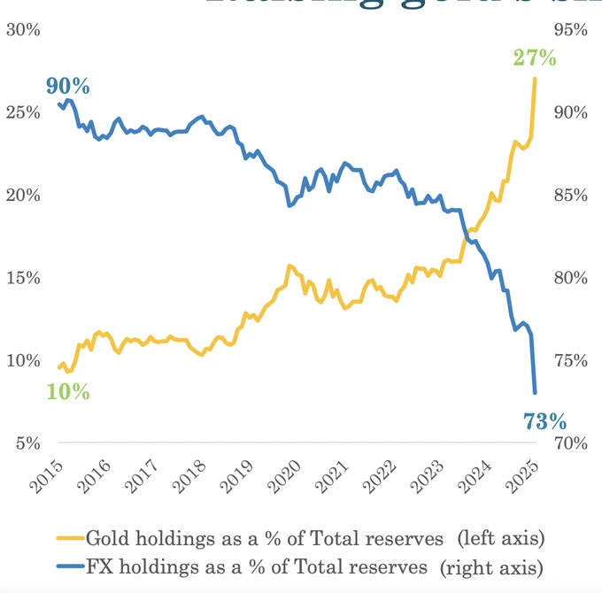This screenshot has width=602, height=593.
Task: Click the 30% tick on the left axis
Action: coord(23,29)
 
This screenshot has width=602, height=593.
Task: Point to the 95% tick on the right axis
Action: coord(569,29)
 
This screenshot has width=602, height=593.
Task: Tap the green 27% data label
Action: coord(535,58)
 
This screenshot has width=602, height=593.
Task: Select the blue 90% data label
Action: coord(68,87)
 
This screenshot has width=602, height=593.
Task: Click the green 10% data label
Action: coord(68,391)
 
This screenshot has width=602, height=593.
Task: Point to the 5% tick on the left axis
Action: coord(27,443)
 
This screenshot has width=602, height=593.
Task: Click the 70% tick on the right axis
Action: coord(569,443)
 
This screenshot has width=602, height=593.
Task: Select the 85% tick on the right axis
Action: coord(569,195)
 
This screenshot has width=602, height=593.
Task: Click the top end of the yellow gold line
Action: coord(535,79)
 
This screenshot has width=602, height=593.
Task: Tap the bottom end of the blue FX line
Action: coord(535,392)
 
